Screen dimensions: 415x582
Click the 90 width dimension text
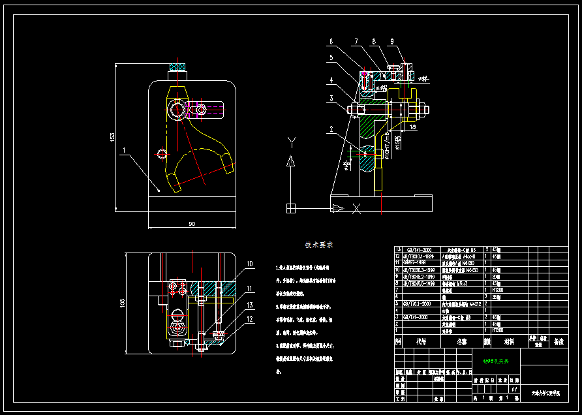click(192, 224)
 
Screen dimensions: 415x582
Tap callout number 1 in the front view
click(123, 150)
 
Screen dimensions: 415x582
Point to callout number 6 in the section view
click(331, 42)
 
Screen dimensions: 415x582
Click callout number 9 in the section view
click(392, 42)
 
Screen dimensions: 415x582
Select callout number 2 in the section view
click(331, 129)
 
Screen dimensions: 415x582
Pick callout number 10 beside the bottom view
click(249, 264)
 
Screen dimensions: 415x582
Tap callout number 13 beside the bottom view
click(249, 305)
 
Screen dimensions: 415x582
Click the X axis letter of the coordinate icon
click(356, 209)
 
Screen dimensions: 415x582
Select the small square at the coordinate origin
click(290, 208)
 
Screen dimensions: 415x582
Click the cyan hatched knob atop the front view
click(177, 66)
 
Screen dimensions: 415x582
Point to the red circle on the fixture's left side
click(162, 153)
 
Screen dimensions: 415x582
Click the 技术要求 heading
click(319, 245)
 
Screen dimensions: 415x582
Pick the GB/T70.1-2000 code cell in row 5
click(417, 304)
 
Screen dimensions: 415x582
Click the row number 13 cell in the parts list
click(398, 250)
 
